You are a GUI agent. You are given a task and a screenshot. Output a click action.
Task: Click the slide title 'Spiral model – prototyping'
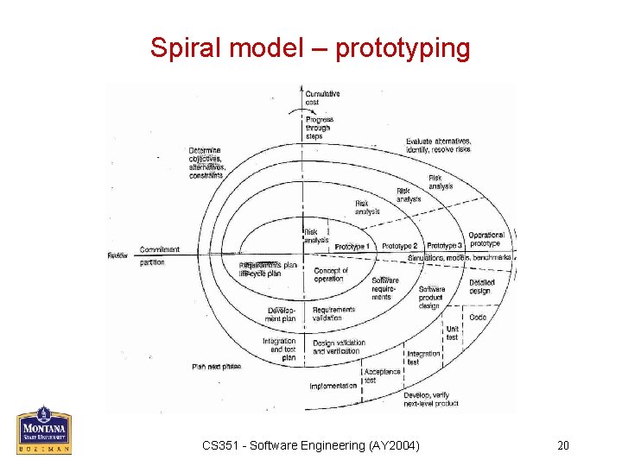pos(310,47)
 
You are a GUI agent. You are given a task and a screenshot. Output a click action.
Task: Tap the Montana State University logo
pos(44,429)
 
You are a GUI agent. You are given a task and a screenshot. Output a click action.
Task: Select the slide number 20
pos(562,445)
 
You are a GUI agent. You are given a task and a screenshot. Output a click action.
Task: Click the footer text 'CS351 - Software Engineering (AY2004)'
pos(311,445)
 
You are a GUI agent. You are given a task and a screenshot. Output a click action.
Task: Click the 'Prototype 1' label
pos(352,247)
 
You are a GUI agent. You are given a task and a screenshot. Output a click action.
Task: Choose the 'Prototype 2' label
pos(399,247)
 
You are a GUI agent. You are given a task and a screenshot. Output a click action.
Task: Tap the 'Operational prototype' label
pos(486,239)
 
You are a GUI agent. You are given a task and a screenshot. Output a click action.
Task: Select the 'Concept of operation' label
pos(330,274)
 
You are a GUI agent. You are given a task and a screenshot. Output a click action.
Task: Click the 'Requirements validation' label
pos(333,313)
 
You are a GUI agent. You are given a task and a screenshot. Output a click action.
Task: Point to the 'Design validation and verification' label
pos(339,347)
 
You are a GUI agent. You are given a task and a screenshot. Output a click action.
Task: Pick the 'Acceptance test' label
pos(382,375)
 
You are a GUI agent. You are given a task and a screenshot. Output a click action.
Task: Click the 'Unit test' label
pos(452,333)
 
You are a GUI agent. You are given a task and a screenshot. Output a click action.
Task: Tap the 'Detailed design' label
pos(480,287)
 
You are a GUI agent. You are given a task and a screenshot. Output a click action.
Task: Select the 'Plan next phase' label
pos(216,366)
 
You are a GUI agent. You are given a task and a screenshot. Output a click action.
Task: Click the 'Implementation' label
pos(333,386)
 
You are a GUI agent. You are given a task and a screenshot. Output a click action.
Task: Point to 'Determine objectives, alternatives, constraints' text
pos(206,162)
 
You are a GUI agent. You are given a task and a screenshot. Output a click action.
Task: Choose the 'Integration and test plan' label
pos(279,349)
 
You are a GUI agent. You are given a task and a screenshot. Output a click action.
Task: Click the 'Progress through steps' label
pos(319,128)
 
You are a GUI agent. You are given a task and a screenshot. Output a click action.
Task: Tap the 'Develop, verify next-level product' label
pos(431,399)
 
